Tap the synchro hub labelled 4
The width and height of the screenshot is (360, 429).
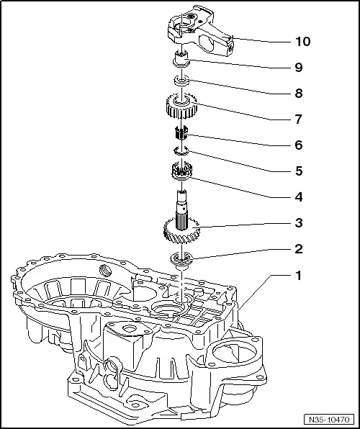[x=181, y=172]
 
